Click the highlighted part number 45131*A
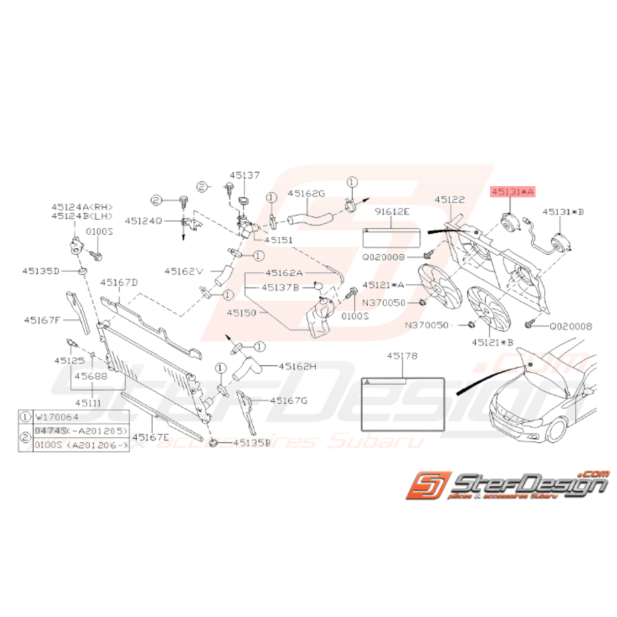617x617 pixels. (x=512, y=191)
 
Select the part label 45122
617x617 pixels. (x=450, y=199)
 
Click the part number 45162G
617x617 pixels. (x=306, y=194)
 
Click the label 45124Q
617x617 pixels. (x=144, y=221)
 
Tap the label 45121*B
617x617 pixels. (x=493, y=342)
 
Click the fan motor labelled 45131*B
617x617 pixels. (x=561, y=238)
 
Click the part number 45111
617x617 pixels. (x=87, y=402)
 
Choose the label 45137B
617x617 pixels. (x=279, y=287)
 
